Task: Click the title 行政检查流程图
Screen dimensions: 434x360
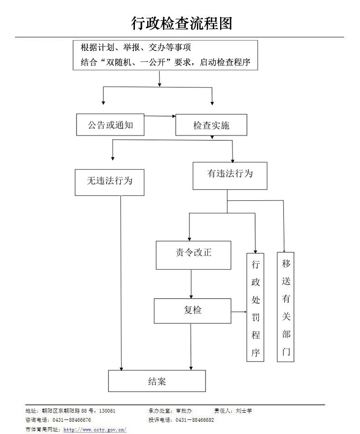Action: click(181, 23)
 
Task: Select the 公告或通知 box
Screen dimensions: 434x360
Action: click(110, 125)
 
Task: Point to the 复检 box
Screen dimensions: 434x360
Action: click(192, 311)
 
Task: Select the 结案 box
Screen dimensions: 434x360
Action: click(157, 381)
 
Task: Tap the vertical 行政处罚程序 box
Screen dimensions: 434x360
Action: click(255, 308)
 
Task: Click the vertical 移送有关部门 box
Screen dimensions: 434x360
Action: click(286, 307)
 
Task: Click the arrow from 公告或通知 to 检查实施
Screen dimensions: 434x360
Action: click(159, 117)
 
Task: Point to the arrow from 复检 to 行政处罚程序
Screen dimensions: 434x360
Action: click(239, 312)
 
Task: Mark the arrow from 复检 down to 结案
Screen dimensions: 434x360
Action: click(191, 346)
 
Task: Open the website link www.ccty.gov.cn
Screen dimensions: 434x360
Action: click(95, 429)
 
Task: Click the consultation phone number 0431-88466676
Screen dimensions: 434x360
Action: click(72, 420)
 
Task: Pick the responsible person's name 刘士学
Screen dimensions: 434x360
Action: click(244, 411)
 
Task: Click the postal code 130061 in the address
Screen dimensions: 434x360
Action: click(107, 411)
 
